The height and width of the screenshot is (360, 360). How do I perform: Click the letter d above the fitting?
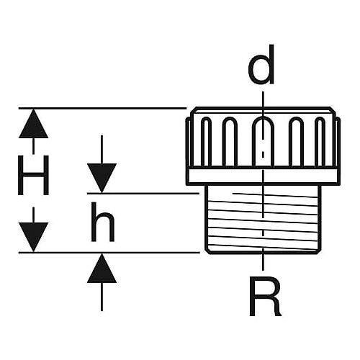coord(261,65)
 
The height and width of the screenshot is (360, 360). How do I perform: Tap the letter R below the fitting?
coord(265,296)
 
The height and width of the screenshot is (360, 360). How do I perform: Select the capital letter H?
coord(33,175)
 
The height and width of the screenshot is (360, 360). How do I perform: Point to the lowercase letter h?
coord(103,222)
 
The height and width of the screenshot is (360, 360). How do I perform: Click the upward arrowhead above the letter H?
coord(33,124)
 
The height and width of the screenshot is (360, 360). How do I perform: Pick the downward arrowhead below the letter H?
coord(33,237)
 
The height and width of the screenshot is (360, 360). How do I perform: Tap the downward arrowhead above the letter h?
coord(102,178)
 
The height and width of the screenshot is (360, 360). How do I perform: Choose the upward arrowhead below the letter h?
coord(102,269)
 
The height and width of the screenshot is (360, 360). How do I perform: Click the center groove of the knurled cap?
coord(263,141)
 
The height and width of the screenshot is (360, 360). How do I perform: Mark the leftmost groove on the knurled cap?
coord(206,142)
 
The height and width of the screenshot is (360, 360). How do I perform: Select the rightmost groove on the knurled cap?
coord(320,142)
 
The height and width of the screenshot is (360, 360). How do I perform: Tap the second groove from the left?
coord(230,142)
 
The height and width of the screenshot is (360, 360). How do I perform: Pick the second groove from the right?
coord(296,142)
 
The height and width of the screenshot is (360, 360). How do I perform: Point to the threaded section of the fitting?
coord(264,219)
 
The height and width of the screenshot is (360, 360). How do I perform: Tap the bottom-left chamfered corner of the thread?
coord(207,251)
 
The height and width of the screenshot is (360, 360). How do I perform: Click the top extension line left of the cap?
coord(102,109)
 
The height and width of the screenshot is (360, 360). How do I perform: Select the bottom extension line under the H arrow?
coord(109,253)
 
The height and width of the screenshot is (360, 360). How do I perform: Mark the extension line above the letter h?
coord(143,193)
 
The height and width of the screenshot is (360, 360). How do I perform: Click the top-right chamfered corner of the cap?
coord(333,109)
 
